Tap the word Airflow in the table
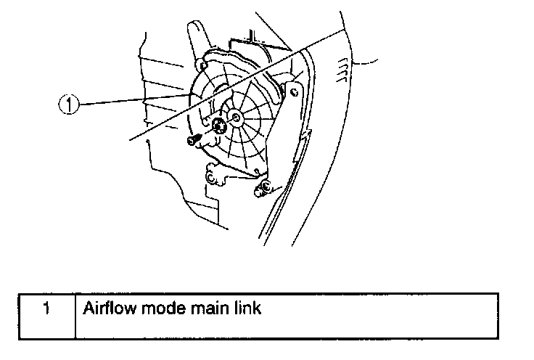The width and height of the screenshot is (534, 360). (108, 308)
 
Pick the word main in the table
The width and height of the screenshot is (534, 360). (205, 308)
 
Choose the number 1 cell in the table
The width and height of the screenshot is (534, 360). (46, 308)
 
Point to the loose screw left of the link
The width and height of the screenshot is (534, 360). (193, 141)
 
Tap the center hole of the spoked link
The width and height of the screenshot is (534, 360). (237, 115)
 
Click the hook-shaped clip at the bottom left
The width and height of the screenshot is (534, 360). (213, 175)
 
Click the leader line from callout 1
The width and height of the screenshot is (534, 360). (131, 101)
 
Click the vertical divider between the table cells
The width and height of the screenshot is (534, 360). (76, 315)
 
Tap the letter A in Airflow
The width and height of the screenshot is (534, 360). (88, 308)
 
